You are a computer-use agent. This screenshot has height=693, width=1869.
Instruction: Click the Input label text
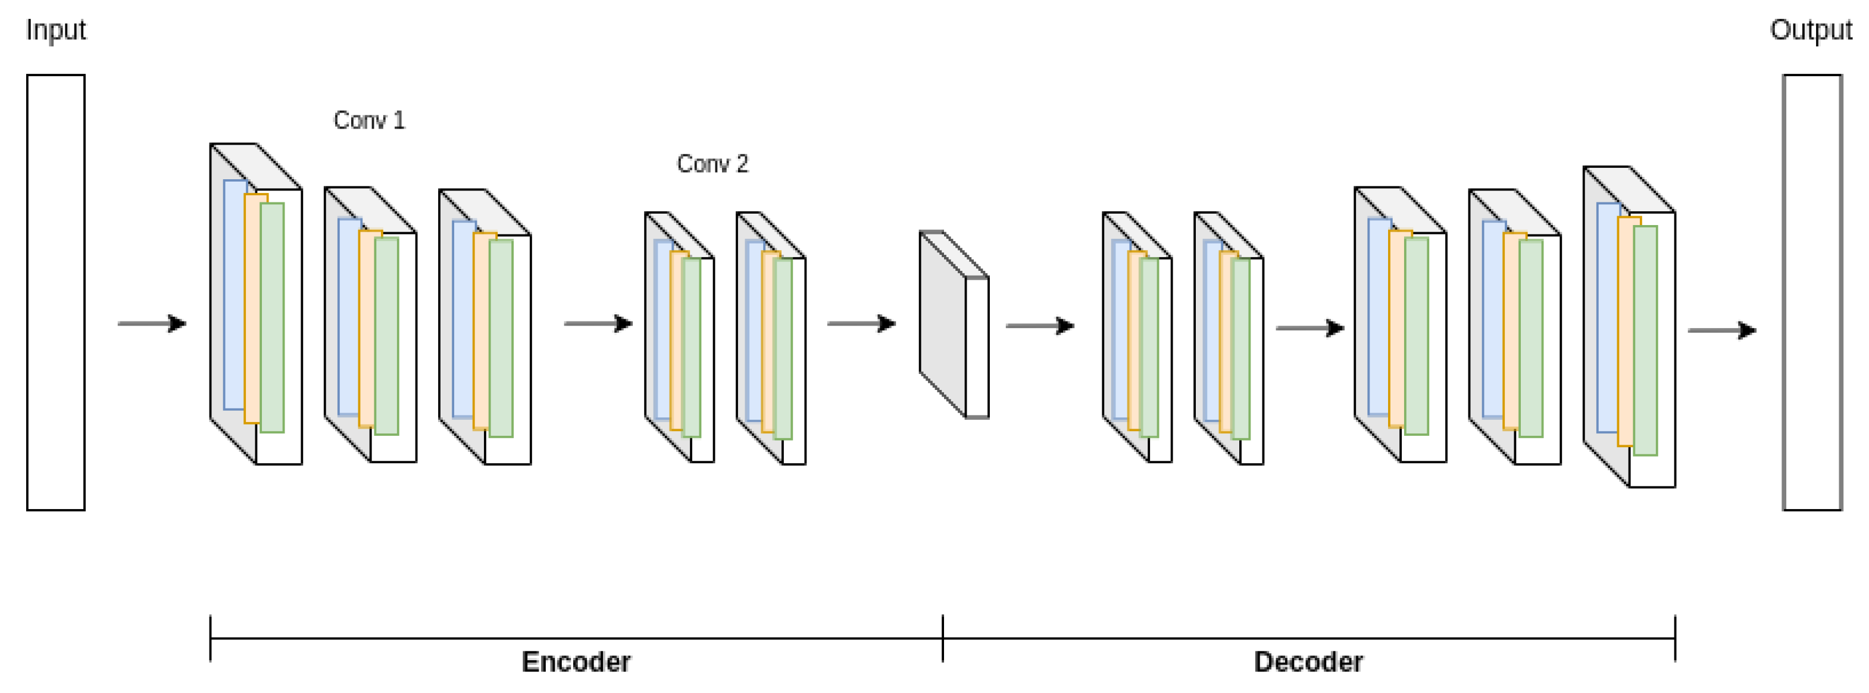[x=55, y=30]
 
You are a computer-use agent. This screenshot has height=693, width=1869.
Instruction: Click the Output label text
[x=1810, y=30]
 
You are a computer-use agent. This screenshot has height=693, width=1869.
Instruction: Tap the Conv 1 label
[x=368, y=120]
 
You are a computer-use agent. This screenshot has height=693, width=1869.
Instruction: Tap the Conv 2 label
[x=712, y=163]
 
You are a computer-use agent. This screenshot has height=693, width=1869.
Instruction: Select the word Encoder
[x=576, y=661]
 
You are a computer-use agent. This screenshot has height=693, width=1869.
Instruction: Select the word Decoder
[x=1308, y=661]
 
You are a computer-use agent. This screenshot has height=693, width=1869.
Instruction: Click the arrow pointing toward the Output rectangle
[x=1721, y=330]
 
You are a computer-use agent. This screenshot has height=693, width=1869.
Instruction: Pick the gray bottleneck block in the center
[x=943, y=323]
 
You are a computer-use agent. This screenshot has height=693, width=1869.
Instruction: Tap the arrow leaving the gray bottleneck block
[x=1039, y=325]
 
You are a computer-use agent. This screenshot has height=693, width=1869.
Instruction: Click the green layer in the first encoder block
[x=273, y=317]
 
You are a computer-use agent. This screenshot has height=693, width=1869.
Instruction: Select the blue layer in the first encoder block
[x=233, y=294]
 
